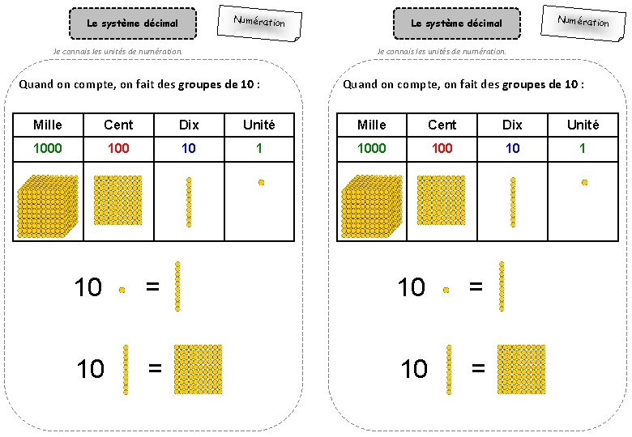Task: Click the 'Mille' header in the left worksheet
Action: point(48,125)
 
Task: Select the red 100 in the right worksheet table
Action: point(442,148)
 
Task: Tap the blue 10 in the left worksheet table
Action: point(189,148)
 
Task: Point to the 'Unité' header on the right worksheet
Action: point(583,125)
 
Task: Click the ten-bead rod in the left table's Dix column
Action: point(189,202)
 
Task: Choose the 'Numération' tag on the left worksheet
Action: point(259,22)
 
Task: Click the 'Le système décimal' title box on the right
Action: point(456,23)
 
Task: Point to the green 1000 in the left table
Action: point(48,148)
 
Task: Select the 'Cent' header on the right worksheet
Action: point(442,125)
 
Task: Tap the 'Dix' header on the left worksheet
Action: point(189,125)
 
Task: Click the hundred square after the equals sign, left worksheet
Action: point(198,370)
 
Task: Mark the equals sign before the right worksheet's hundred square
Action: point(478,369)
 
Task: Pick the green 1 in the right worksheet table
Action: point(583,148)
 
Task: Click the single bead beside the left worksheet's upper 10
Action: point(122,289)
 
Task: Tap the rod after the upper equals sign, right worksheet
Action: point(502,286)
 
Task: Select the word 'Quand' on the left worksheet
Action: point(36,84)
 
